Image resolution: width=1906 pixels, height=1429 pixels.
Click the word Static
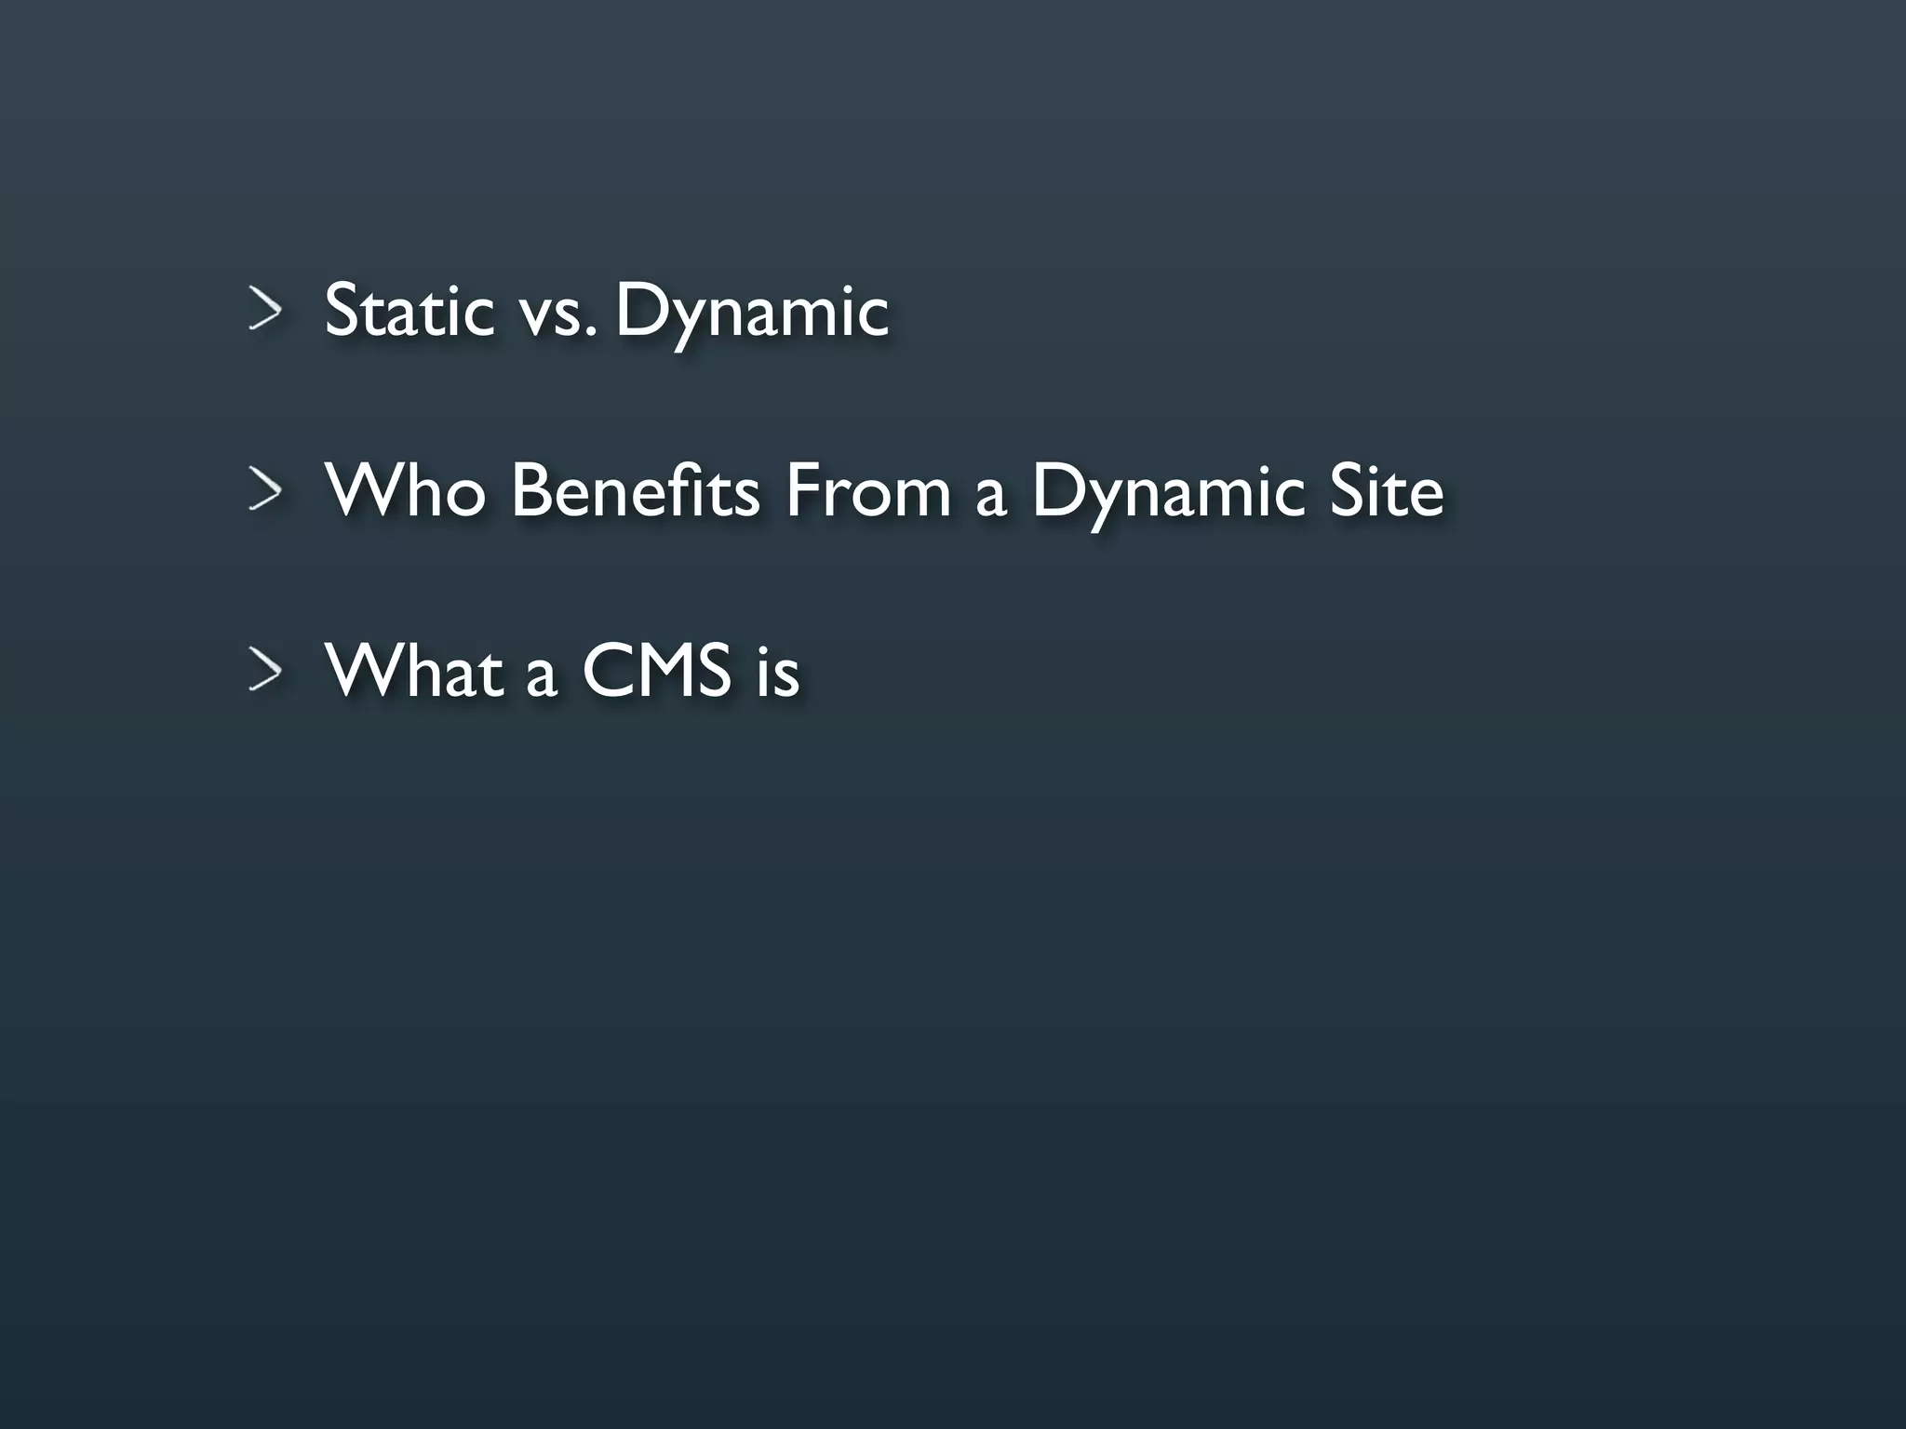tap(409, 310)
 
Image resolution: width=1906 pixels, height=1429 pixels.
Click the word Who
tap(406, 489)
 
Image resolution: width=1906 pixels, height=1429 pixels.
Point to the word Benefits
tap(636, 489)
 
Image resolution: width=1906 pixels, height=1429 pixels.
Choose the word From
tap(867, 489)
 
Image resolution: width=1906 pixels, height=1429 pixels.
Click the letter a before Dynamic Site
tap(991, 497)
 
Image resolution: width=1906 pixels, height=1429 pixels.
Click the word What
tap(415, 670)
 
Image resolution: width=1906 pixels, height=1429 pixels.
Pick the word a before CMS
tap(542, 677)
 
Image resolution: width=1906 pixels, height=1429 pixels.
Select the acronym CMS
tap(656, 670)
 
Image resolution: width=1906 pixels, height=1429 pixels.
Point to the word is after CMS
tap(777, 672)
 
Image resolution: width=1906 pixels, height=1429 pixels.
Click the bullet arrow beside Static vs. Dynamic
tap(265, 309)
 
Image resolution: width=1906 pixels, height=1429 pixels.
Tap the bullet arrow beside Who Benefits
tap(265, 489)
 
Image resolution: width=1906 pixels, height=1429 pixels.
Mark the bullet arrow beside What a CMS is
tap(265, 670)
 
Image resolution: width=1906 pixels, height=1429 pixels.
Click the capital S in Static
tap(342, 310)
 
